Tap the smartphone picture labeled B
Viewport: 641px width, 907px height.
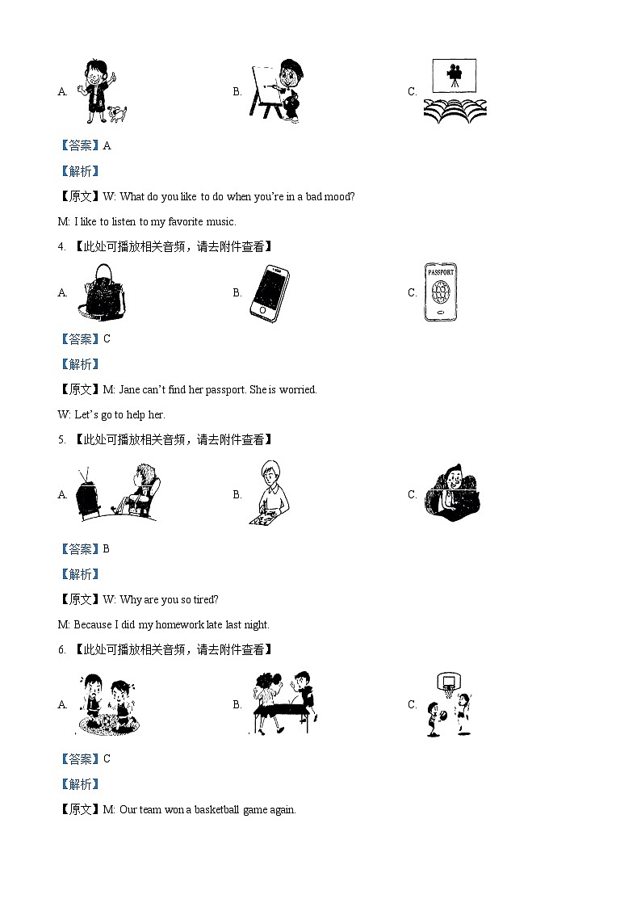click(x=270, y=294)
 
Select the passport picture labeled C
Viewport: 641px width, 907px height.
click(x=440, y=292)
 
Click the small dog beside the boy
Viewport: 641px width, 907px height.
click(x=118, y=113)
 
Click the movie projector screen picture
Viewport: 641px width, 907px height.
click(x=454, y=75)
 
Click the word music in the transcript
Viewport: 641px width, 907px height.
click(x=219, y=221)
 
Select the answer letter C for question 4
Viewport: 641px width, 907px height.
click(x=107, y=338)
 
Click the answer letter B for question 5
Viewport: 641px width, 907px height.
click(x=107, y=548)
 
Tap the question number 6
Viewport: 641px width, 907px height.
click(x=61, y=649)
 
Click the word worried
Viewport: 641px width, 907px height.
click(x=298, y=389)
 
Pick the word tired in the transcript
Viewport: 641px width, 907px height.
click(x=202, y=599)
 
